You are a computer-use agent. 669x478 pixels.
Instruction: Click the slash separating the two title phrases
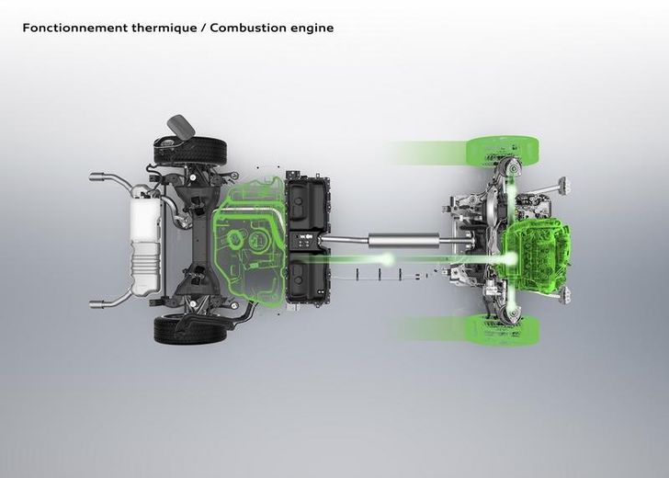(203, 28)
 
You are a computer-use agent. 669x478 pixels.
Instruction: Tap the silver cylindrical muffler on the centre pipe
(403, 240)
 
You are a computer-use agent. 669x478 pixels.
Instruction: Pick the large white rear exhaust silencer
(146, 245)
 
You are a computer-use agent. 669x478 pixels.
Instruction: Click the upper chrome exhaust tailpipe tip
(97, 176)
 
